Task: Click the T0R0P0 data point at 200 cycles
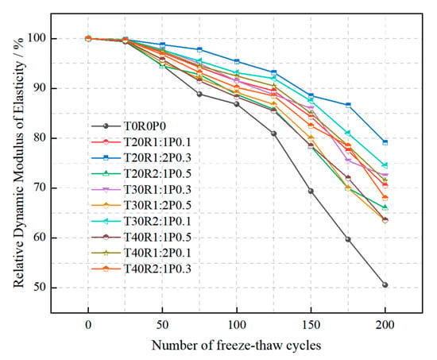coord(385,285)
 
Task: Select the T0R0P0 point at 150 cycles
coord(311,192)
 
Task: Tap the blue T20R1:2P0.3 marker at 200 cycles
coord(385,142)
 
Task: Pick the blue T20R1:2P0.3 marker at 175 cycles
coord(348,105)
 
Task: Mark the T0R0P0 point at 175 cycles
coord(348,239)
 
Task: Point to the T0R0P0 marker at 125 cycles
coord(273,134)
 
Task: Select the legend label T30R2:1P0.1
coord(157,222)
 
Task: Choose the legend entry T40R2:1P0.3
coord(157,269)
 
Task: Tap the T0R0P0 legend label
coord(145,126)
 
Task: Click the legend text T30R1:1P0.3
coord(157,190)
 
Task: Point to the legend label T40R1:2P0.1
coord(157,254)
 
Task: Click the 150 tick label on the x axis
coord(311,325)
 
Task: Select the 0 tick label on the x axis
coord(88,325)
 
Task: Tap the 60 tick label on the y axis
coord(40,238)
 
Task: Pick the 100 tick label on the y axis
coord(37,38)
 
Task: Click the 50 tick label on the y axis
coord(40,287)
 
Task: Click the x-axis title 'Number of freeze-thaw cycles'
coord(236,346)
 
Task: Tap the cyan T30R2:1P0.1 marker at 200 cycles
coord(385,165)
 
